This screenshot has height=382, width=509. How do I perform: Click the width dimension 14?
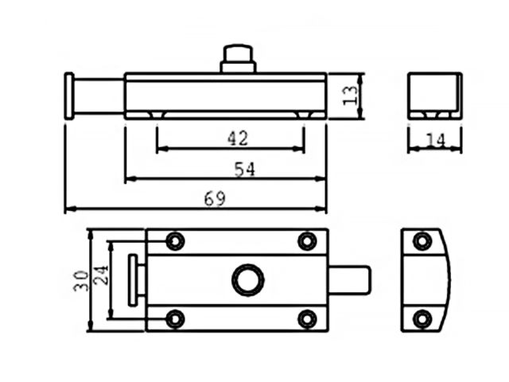tap(434, 140)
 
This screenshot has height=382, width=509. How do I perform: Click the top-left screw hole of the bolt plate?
tap(174, 240)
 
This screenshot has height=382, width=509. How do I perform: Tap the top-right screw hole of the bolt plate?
tap(307, 240)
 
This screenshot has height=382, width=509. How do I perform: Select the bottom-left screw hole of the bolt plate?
tap(174, 319)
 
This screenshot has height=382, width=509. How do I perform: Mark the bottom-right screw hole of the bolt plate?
tap(307, 319)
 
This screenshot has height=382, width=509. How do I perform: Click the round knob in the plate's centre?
tap(246, 280)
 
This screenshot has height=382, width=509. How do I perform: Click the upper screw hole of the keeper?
tap(422, 241)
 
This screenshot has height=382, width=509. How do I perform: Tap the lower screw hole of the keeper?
tap(422, 319)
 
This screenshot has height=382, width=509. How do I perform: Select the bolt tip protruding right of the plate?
tap(351, 280)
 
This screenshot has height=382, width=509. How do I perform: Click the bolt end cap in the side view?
tap(70, 96)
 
